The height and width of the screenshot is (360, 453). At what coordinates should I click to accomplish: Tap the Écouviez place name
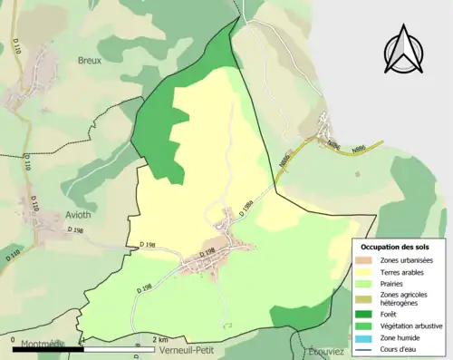tap(329, 352)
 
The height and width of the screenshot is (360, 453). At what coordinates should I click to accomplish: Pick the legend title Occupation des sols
tap(397, 247)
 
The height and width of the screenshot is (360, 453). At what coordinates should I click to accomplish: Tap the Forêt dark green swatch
tap(364, 315)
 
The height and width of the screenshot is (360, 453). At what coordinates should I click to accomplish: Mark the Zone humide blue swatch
tap(364, 337)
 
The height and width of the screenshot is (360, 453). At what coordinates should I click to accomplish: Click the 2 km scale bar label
tap(159, 340)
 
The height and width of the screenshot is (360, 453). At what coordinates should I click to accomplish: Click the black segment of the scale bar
tap(48, 348)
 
